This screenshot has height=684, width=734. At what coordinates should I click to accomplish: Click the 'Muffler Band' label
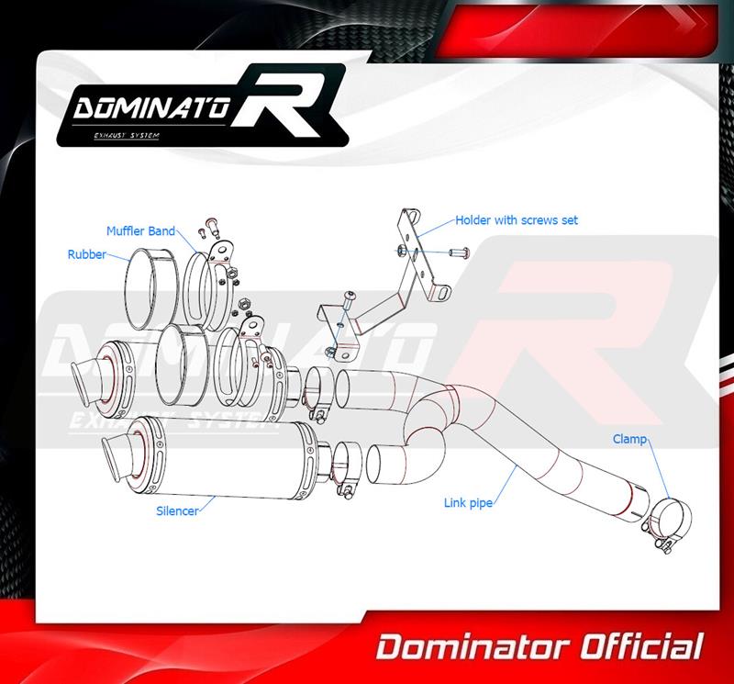pos(140,231)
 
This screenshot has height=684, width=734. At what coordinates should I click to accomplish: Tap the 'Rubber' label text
pos(86,254)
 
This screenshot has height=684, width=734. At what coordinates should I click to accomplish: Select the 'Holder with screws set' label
pos(517,220)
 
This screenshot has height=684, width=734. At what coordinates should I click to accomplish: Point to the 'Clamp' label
pos(630,440)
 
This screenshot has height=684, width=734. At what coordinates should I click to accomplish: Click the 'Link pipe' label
pos(468,503)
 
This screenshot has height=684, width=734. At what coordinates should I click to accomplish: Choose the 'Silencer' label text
pos(177,511)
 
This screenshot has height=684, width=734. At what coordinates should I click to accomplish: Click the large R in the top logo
pos(282,102)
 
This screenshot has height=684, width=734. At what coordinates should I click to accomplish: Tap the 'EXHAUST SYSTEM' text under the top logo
pos(127,136)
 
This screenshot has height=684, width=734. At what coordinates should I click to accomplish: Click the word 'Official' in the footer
pos(641,648)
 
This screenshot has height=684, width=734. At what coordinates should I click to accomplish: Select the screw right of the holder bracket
pos(459,253)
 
